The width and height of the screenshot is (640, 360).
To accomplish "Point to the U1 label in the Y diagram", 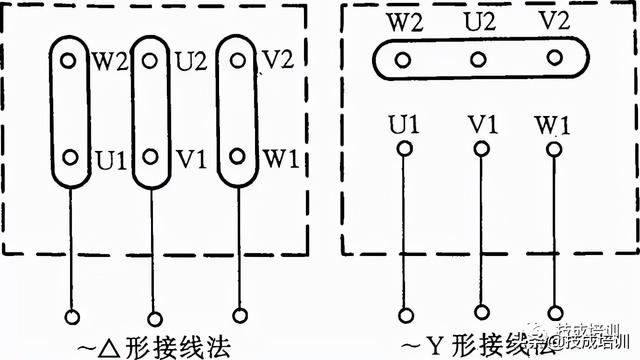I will pos(403,127).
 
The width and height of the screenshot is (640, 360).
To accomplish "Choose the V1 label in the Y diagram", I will pos(481,127).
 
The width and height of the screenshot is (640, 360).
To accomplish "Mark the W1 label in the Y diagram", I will pos(553,127).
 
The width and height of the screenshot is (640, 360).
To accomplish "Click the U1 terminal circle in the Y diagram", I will pos(404,150).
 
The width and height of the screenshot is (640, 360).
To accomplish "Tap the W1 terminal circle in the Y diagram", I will pos(552,150).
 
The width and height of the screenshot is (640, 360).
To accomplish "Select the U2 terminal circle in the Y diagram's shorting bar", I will pos(478,58).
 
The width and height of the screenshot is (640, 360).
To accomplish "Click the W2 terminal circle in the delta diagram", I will pos(69,61).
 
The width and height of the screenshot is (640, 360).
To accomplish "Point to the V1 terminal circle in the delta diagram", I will pos(150,156).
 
